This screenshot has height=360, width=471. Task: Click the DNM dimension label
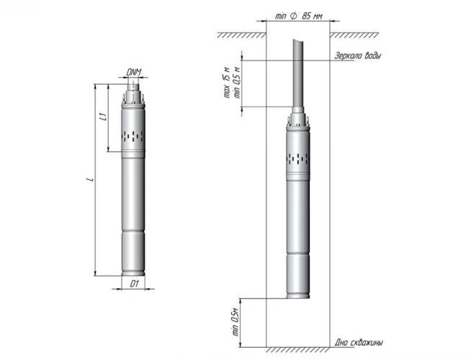tap(133, 72)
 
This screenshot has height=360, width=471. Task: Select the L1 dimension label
tap(103, 116)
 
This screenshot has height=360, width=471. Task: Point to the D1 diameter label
tap(133, 284)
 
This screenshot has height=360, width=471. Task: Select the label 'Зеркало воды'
tap(358, 56)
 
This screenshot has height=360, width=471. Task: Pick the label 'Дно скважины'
tap(359, 342)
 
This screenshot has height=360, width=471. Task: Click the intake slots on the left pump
tap(133, 135)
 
